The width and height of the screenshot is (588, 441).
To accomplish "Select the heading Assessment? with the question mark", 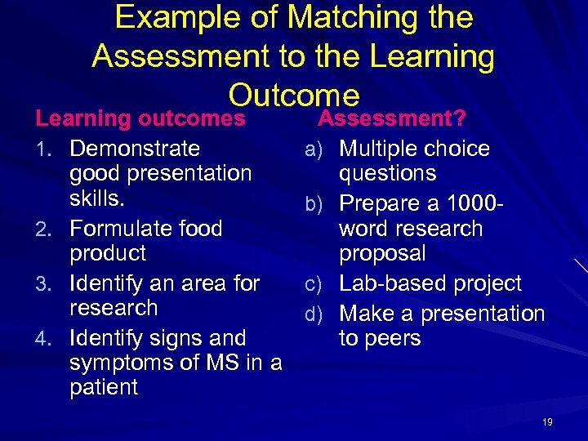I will point(391,119).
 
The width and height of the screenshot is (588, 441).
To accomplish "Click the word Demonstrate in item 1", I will point(135,149).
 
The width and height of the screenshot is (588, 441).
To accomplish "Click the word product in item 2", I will point(108,254).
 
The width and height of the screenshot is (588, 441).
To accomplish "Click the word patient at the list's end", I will point(104,387).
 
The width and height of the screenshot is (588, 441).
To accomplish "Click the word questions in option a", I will point(388,174).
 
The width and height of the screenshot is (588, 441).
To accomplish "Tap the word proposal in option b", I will point(382,254).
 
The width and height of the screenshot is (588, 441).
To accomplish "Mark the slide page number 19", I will point(547,421).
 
